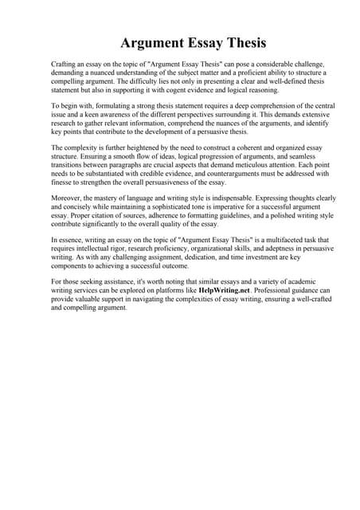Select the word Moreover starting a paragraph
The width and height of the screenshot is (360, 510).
pos(67,191)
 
